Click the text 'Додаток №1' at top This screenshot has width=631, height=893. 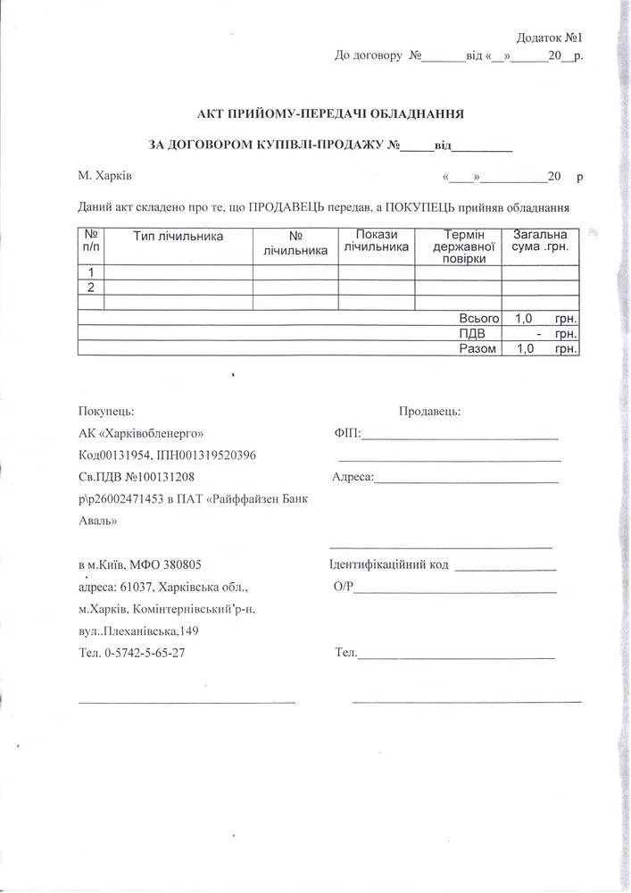pos(549,38)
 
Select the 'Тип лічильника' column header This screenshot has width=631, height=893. pos(179,237)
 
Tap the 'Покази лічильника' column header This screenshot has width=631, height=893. pos(376,240)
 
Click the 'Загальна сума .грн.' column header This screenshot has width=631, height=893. pos(540,240)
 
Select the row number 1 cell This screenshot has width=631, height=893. pos(91,272)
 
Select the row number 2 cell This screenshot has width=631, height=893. pos(91,287)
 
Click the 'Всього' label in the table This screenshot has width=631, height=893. pos(478,318)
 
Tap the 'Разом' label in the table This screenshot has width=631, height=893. pos(477,348)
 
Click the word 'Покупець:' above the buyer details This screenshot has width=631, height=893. pos(106,411)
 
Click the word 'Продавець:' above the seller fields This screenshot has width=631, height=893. pos(429,411)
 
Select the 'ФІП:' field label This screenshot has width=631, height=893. pos(347,433)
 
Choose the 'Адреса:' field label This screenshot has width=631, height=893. pos(353,477)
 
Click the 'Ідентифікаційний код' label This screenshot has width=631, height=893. pos(389,564)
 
